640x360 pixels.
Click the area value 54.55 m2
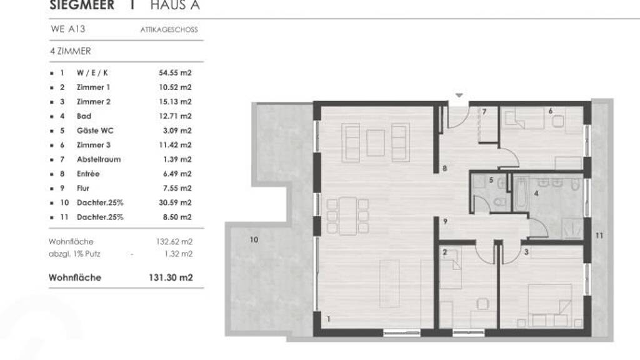click(x=175, y=73)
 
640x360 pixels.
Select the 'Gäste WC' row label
click(x=95, y=131)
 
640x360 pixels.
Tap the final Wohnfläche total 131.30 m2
click(x=171, y=277)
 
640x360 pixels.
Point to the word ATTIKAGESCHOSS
click(x=169, y=30)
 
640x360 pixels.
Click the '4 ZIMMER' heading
click(x=70, y=51)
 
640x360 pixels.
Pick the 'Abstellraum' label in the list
click(x=99, y=159)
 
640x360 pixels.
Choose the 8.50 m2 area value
click(x=177, y=217)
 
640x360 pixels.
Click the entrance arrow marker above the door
click(x=459, y=96)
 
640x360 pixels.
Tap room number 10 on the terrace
click(x=254, y=239)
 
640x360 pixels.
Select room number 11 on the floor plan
click(x=599, y=236)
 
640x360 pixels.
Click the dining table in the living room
click(x=347, y=216)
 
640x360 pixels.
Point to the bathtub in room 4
click(x=519, y=194)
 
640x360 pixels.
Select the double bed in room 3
click(x=550, y=305)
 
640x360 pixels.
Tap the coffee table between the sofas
click(x=376, y=143)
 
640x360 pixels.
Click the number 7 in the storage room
click(x=484, y=111)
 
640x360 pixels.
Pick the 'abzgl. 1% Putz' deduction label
click(x=74, y=254)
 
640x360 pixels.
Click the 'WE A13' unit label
click(x=67, y=29)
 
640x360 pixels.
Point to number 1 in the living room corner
click(x=329, y=319)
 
